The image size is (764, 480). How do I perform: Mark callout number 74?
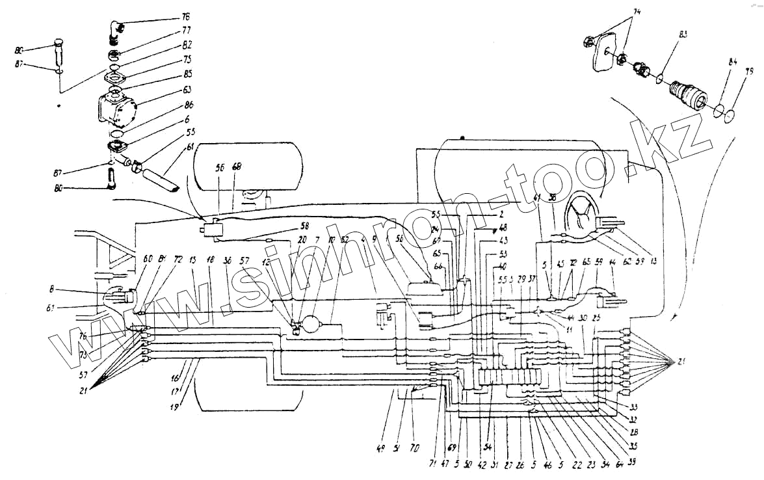[x=636, y=12]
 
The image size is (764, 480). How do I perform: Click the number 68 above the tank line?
[x=237, y=167]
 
